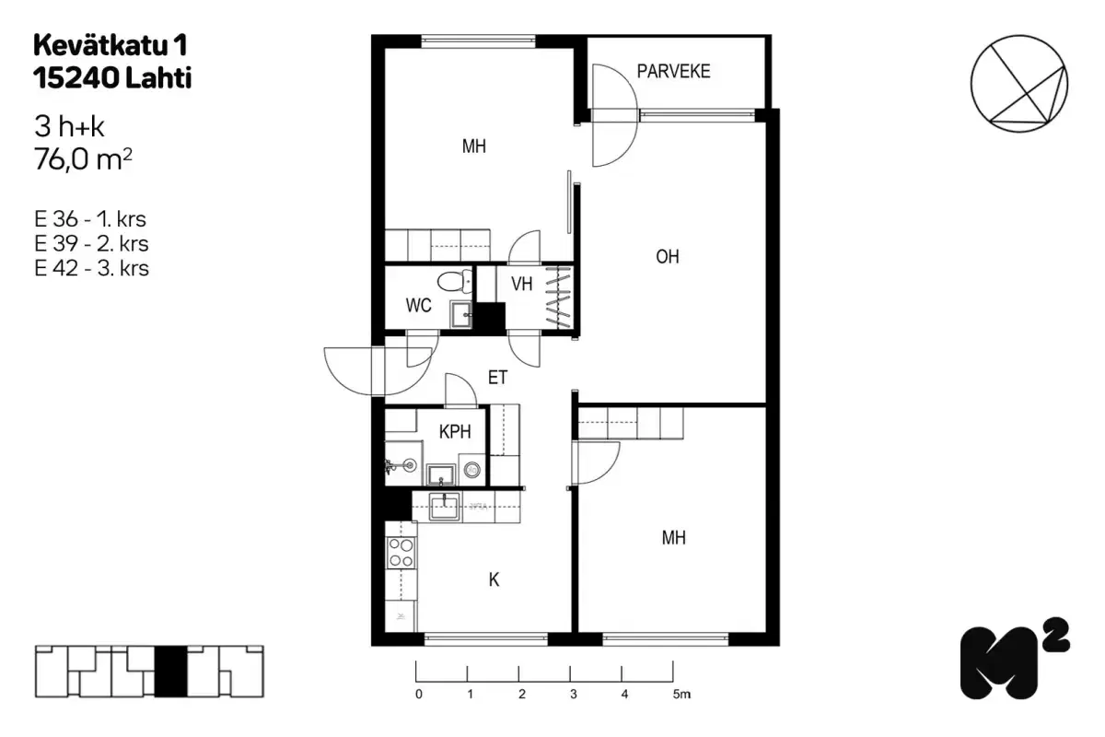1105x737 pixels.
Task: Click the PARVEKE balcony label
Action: [674, 71]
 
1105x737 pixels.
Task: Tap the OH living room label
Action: [668, 257]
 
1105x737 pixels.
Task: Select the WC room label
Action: [419, 307]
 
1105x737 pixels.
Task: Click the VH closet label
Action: [522, 284]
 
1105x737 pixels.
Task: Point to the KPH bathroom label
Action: [456, 432]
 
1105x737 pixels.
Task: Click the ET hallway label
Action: [498, 377]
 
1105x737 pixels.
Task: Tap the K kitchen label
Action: [494, 579]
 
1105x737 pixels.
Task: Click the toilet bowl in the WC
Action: [451, 281]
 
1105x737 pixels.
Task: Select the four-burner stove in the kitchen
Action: [401, 552]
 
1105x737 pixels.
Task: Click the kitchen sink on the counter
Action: [447, 507]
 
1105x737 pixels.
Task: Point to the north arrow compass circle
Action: [1021, 80]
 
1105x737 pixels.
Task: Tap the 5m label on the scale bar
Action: [680, 695]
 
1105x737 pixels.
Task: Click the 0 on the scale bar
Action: [419, 695]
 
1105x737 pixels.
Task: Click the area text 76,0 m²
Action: [83, 161]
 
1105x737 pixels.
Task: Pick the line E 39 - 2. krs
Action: [91, 244]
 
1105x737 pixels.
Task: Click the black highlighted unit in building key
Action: [170, 673]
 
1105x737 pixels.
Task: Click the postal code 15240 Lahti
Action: [112, 79]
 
